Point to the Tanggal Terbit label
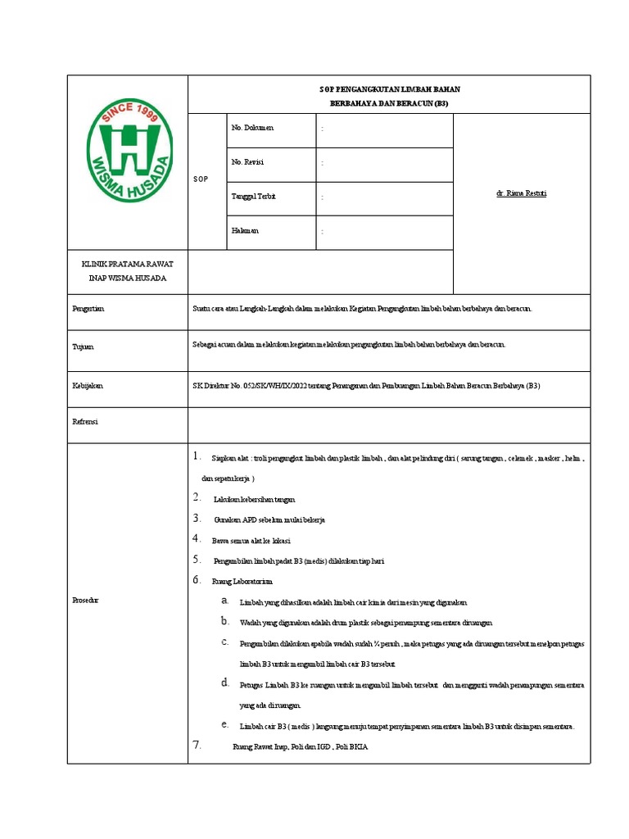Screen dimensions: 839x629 (x=254, y=197)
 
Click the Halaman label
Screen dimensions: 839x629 (x=245, y=231)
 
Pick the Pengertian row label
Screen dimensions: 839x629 (x=89, y=310)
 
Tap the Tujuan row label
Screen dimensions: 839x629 (x=84, y=347)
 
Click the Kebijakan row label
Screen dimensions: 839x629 (x=88, y=384)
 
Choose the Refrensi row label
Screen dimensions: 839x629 (x=86, y=421)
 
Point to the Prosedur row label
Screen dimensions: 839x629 (x=86, y=601)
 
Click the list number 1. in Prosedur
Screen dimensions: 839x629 (x=197, y=456)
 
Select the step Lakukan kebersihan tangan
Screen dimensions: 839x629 (x=254, y=499)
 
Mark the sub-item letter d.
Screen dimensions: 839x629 (x=224, y=683)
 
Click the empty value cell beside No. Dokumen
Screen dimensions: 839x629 (x=385, y=129)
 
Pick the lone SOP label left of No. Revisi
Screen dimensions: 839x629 (x=200, y=179)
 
